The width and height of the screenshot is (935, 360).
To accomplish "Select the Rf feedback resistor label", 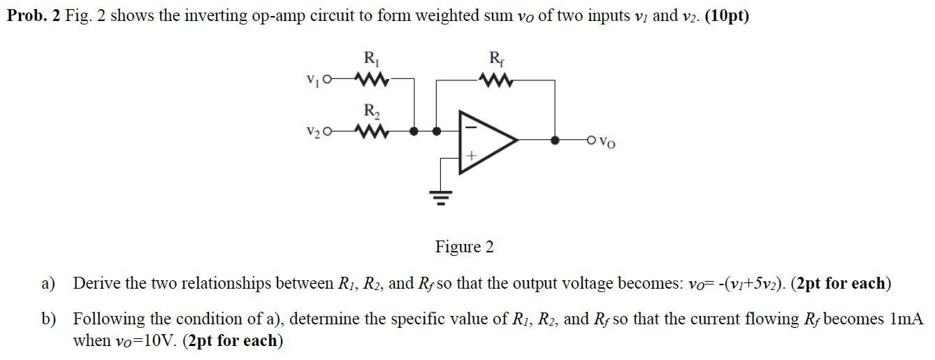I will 495,59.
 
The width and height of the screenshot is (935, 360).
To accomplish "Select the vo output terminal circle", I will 592,140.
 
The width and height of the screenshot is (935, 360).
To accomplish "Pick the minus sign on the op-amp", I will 470,128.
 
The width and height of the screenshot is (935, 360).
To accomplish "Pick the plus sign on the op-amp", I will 471,158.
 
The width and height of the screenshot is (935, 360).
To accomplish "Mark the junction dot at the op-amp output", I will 556,140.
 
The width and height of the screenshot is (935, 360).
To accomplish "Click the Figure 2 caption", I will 464,247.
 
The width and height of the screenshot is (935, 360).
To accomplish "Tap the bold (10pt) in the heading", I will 727,16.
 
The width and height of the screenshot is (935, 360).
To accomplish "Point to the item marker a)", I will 48,284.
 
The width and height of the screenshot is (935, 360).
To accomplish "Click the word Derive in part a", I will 95,284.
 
